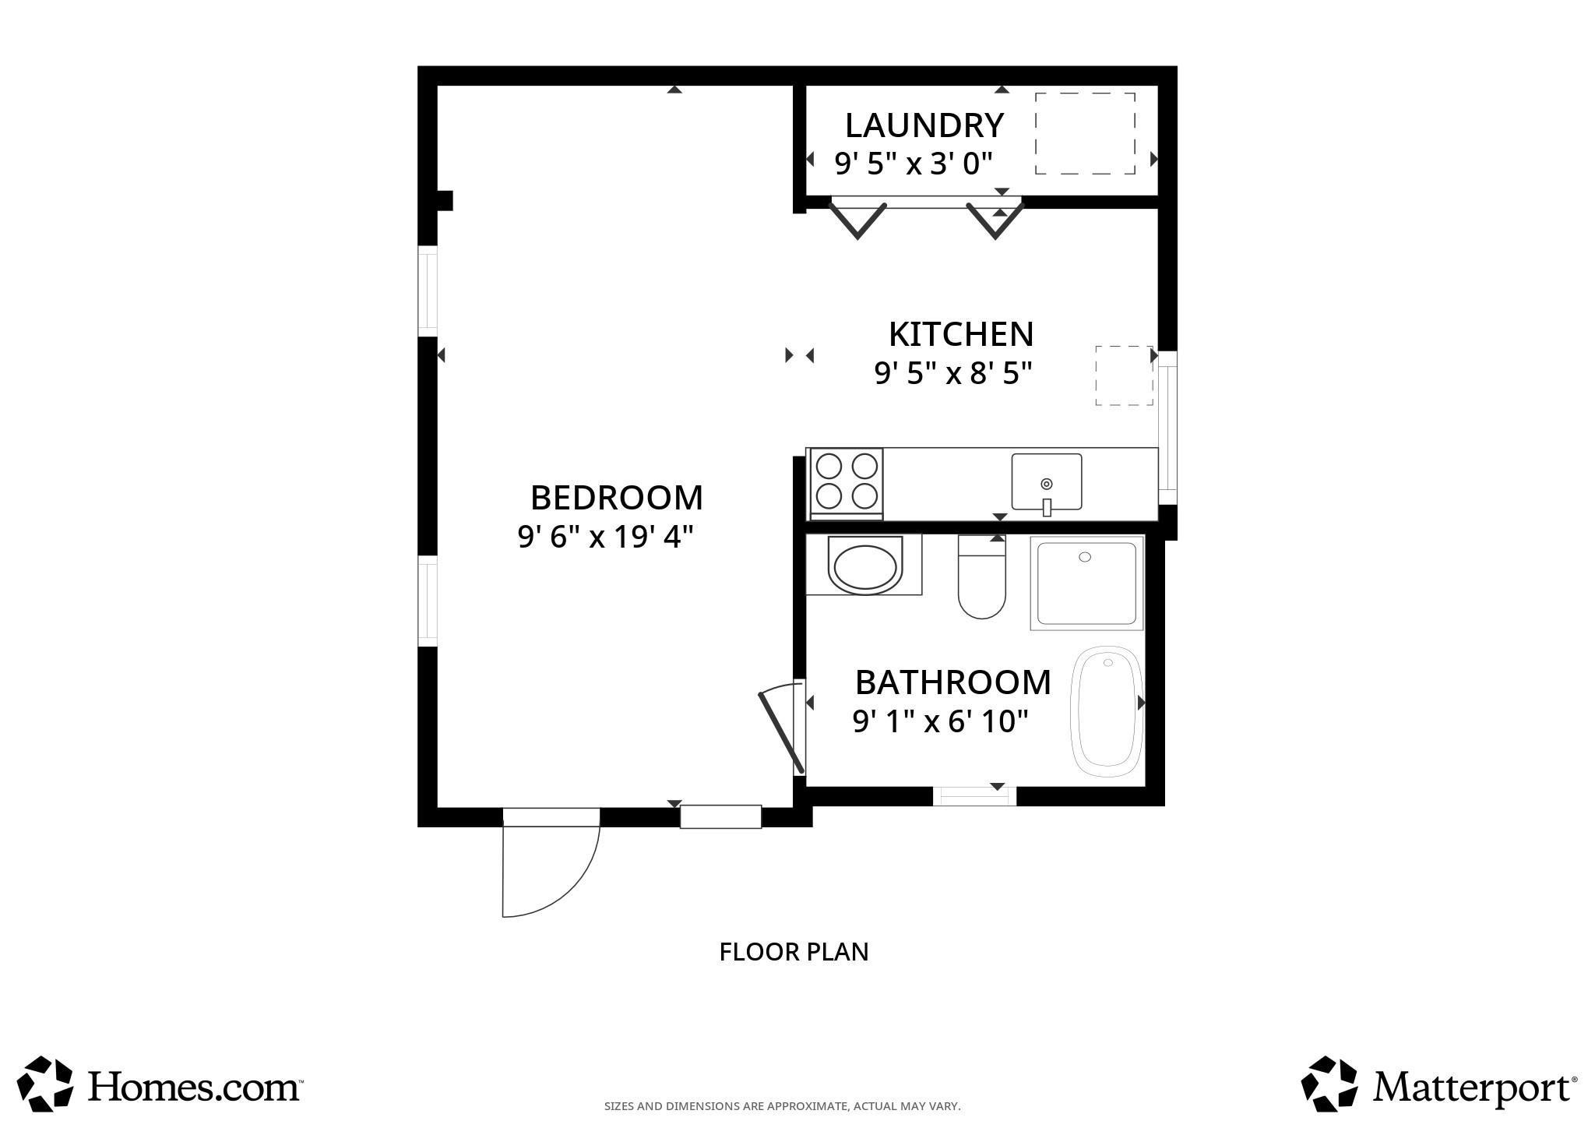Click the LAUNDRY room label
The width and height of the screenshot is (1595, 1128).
click(924, 125)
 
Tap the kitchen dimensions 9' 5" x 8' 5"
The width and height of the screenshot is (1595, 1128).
click(952, 374)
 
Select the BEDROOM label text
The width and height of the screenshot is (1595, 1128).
click(616, 498)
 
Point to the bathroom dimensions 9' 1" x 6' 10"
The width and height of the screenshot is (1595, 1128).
click(941, 722)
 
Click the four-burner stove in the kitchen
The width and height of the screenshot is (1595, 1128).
click(846, 482)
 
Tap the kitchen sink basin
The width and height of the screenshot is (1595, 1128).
click(1046, 481)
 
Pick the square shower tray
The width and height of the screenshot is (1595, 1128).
click(1087, 583)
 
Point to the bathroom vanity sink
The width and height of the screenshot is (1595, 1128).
click(864, 566)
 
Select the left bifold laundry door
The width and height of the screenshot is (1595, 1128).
click(857, 220)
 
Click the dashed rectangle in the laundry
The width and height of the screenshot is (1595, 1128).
click(1084, 133)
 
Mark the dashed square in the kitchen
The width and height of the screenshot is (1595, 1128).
click(1124, 375)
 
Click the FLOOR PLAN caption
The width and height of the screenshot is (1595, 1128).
click(793, 952)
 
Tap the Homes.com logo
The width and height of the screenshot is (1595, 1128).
click(160, 1084)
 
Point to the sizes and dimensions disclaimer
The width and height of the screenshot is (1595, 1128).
click(782, 1106)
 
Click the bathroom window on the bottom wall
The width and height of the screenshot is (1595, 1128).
click(974, 796)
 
